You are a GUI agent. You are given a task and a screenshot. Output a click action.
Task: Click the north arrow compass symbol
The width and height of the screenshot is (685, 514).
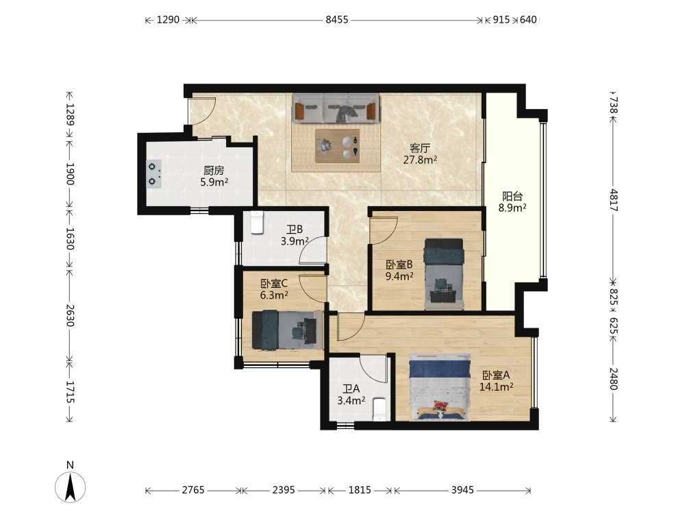(70, 487)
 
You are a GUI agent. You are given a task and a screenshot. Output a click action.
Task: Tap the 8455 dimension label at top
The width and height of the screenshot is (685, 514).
(337, 20)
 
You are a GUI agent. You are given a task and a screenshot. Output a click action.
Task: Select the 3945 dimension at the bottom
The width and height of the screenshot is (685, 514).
(462, 490)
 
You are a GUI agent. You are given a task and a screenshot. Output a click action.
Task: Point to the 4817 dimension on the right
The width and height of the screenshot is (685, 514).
(613, 200)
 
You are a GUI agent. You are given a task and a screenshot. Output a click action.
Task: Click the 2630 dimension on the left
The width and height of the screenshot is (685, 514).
(70, 315)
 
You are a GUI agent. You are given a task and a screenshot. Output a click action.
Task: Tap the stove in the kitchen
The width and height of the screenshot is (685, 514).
(153, 174)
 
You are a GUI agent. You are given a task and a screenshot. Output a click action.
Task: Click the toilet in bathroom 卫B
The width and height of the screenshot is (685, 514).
(256, 222)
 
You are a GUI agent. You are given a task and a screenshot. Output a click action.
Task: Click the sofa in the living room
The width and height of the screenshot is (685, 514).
(336, 108)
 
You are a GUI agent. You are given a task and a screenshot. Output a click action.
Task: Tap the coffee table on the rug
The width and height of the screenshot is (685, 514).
(337, 145)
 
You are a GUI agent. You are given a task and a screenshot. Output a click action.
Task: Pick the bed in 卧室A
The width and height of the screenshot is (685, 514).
(440, 387)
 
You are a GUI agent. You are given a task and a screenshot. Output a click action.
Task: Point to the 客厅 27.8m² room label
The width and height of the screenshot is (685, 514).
(420, 154)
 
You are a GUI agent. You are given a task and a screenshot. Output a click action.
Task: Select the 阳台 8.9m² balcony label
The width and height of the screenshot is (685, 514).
(512, 202)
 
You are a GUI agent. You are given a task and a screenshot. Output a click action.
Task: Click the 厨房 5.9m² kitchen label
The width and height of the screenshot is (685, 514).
(214, 176)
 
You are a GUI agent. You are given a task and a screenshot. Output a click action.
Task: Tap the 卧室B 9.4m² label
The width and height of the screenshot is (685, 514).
(399, 270)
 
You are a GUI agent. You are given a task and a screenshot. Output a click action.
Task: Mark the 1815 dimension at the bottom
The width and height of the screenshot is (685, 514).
(360, 490)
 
